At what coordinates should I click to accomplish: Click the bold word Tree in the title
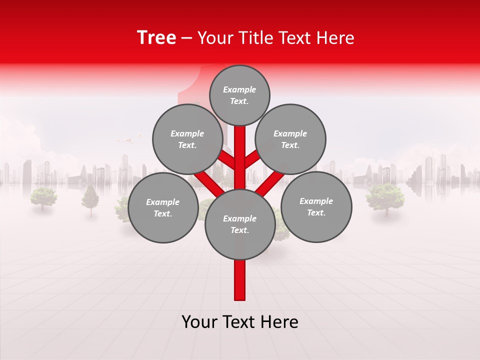[x=156, y=38]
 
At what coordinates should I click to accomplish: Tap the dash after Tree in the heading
[x=186, y=38]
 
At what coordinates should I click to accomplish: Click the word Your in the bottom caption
[x=199, y=322]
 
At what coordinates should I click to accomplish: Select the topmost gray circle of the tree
[x=239, y=95]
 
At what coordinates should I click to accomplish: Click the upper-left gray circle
[x=187, y=139]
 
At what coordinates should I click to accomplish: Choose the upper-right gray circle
[x=290, y=139]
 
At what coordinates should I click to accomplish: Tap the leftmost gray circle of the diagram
[x=163, y=207]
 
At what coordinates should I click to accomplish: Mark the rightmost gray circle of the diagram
[x=316, y=206]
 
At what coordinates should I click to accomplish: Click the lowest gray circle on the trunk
[x=240, y=224]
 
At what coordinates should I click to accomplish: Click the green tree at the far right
[x=384, y=197]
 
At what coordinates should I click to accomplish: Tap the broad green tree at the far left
[x=43, y=196]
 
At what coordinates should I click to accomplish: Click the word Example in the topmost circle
[x=239, y=89]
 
